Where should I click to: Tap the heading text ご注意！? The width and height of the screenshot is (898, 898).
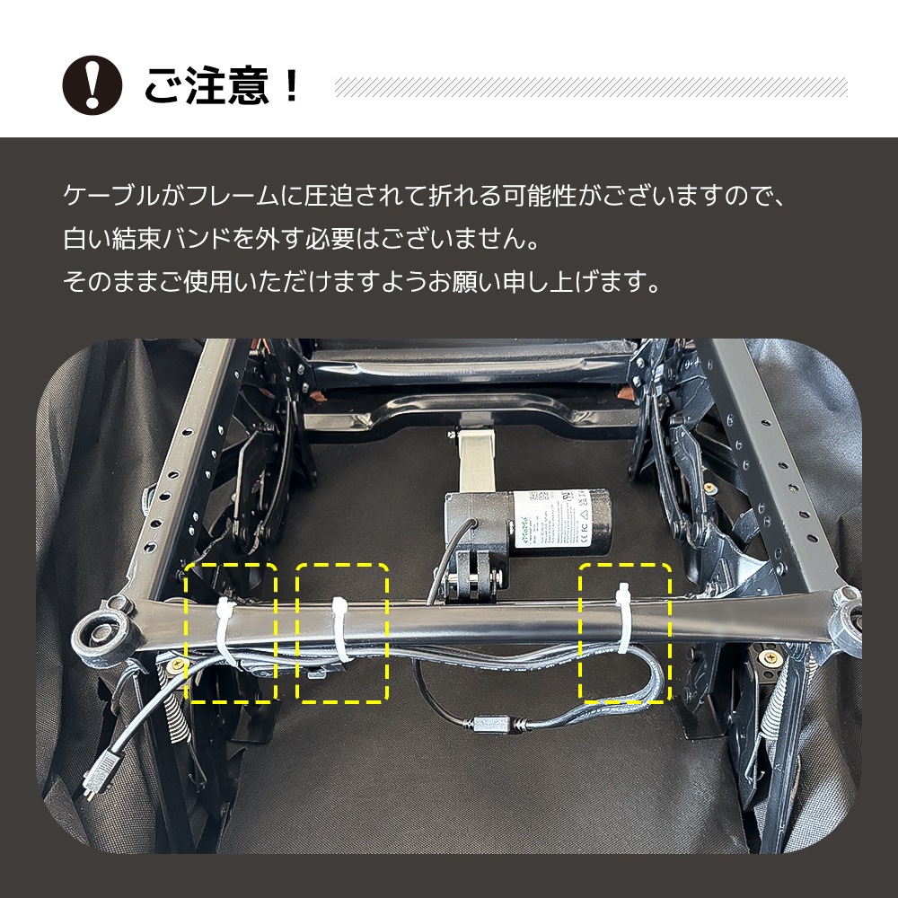coord(221,86)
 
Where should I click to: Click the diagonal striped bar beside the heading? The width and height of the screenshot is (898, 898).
coord(590,87)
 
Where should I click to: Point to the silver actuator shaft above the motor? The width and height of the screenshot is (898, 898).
coord(475,461)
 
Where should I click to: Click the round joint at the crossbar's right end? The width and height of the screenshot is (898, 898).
coord(849,617)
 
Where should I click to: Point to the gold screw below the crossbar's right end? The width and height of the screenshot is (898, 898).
coord(770,657)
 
